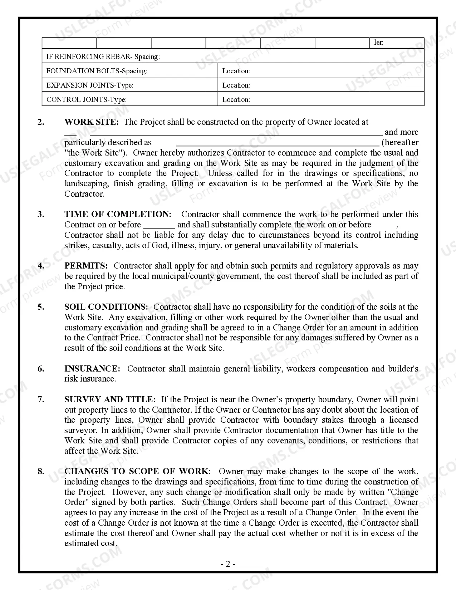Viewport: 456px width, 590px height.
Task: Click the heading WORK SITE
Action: click(91, 122)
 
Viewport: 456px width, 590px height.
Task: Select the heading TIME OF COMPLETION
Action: click(118, 214)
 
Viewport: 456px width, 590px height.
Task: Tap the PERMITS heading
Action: click(86, 266)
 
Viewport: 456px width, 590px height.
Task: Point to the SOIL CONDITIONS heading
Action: click(106, 307)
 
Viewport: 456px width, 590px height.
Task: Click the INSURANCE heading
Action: click(92, 369)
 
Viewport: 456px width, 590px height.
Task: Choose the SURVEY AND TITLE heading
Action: click(110, 399)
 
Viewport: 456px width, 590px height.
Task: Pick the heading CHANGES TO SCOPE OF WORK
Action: click(137, 471)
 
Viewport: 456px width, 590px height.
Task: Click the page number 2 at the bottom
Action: click(228, 564)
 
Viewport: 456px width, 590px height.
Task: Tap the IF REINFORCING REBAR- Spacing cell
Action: click(103, 56)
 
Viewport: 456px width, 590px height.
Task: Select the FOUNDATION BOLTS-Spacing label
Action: click(97, 71)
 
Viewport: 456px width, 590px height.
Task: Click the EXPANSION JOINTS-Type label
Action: click(90, 85)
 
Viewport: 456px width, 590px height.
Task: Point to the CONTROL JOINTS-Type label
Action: click(87, 99)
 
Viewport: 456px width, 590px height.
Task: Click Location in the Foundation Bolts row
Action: click(236, 71)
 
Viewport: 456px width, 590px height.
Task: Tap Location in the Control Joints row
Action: click(236, 99)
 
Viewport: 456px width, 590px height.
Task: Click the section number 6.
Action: click(41, 369)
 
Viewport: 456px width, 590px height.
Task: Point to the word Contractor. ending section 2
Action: click(84, 194)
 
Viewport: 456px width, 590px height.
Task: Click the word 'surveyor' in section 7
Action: click(80, 430)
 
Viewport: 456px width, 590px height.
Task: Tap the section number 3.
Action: click(41, 214)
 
